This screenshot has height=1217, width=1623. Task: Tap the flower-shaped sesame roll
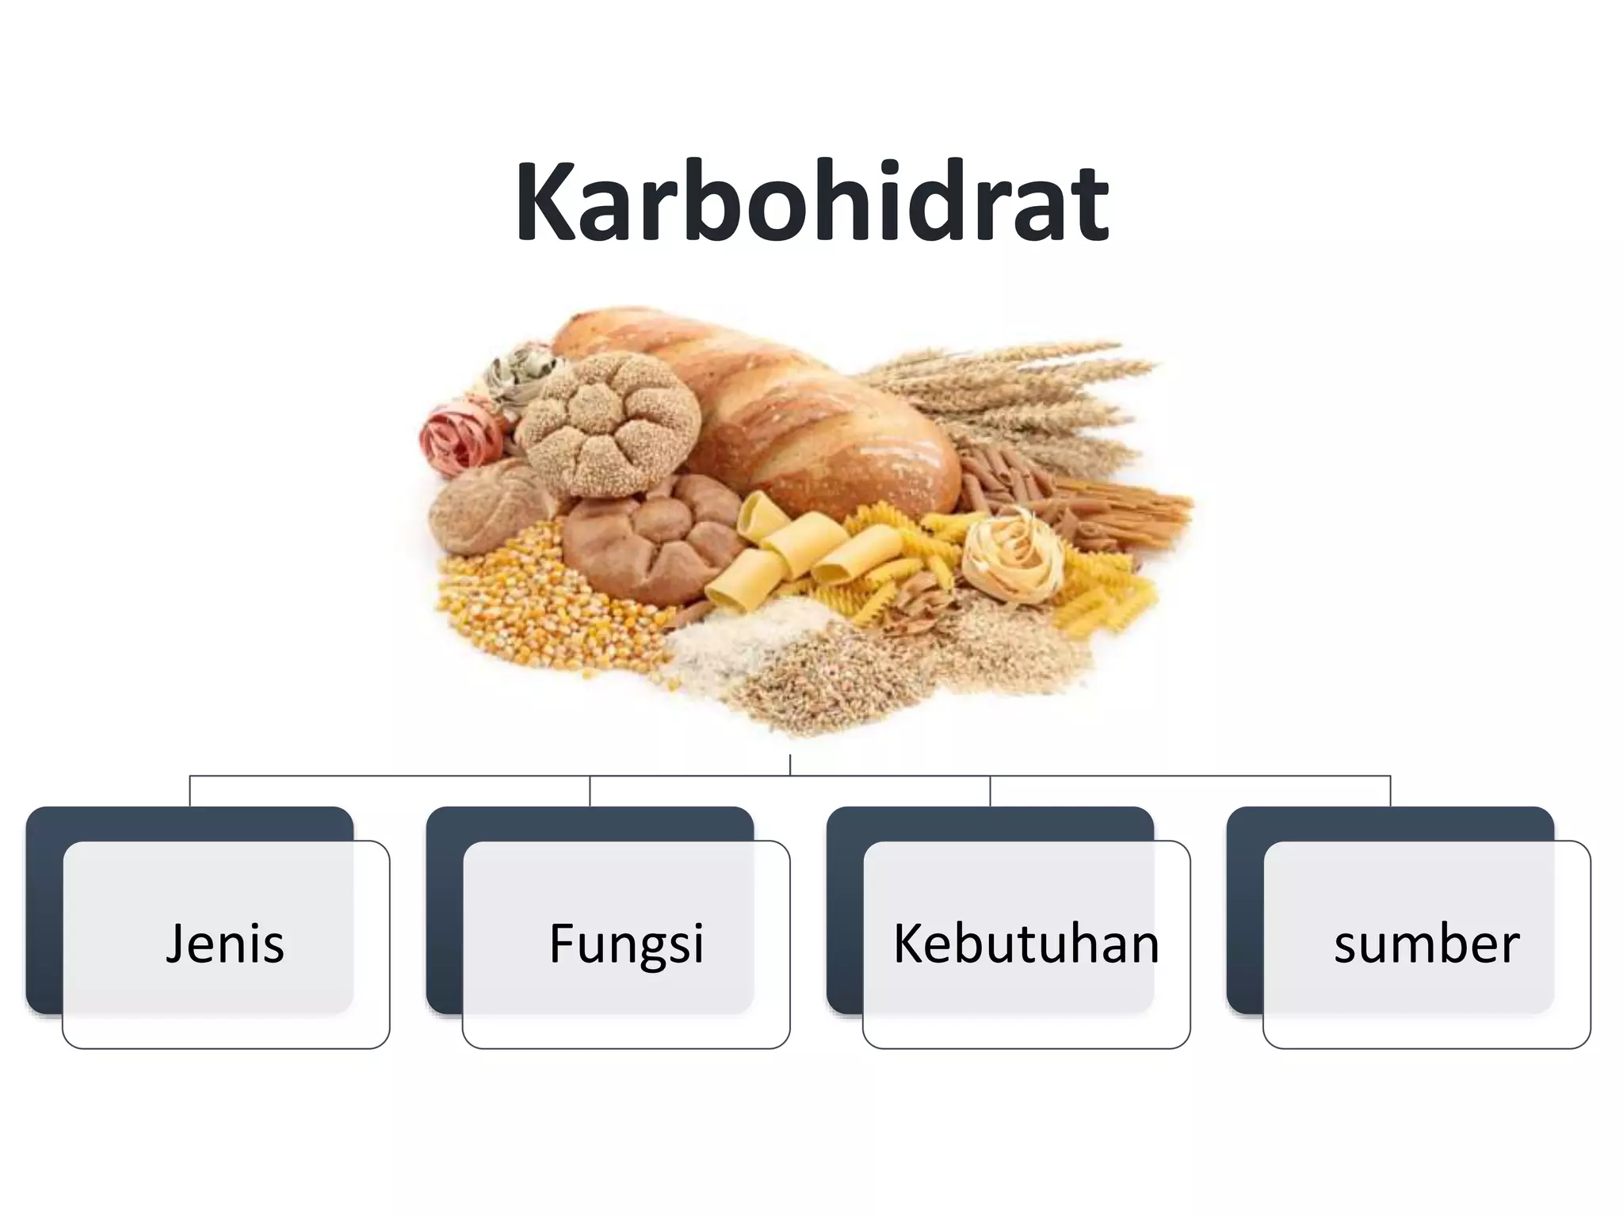[x=610, y=424]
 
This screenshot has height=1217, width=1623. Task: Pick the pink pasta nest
[x=460, y=440]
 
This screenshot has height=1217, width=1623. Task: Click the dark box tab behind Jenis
[x=190, y=824]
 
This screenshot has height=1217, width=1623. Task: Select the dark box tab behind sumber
[x=1390, y=824]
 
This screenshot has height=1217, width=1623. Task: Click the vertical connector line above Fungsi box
[x=590, y=791]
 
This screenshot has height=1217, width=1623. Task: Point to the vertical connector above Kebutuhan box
[x=991, y=791]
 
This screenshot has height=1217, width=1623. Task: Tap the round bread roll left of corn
[x=475, y=507]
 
